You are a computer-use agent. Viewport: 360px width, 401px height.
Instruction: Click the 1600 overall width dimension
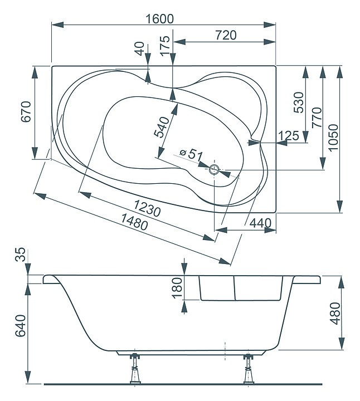160,18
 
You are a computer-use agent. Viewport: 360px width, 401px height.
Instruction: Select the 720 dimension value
225,35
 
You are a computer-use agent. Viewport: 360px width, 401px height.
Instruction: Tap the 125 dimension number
288,135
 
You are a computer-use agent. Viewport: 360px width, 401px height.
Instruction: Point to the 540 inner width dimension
161,128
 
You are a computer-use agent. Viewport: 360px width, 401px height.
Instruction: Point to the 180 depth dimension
177,288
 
